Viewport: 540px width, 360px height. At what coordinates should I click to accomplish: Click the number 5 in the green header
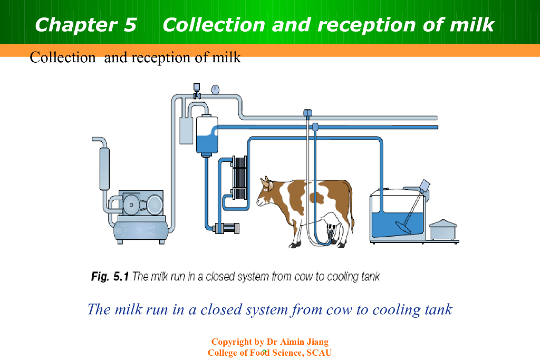[x=130, y=25]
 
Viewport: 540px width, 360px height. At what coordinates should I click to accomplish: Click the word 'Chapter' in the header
[x=76, y=25]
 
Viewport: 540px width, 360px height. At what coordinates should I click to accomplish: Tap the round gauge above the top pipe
[x=215, y=90]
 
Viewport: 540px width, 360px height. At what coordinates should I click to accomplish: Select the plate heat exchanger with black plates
[x=239, y=178]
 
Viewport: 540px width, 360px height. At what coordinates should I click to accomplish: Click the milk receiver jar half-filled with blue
[x=207, y=135]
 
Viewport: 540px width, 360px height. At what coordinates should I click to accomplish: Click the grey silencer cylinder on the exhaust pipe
[x=104, y=169]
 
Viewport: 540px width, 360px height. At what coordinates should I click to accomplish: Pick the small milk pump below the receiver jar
[x=226, y=228]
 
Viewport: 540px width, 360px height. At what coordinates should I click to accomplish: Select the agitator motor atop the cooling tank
[x=425, y=186]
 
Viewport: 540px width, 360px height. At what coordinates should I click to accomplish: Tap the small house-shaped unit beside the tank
[x=443, y=230]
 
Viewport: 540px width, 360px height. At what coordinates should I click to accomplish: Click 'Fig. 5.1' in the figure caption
[x=110, y=276]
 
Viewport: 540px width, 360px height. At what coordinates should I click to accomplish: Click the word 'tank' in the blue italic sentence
[x=438, y=309]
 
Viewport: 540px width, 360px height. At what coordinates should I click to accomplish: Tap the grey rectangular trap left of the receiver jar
[x=186, y=130]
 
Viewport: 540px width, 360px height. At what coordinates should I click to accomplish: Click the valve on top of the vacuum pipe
[x=197, y=91]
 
